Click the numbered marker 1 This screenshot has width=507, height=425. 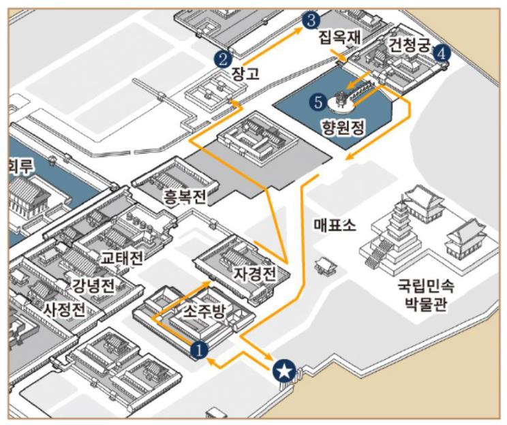198,349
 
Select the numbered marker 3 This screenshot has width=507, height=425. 311,20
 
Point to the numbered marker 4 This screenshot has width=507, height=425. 442,52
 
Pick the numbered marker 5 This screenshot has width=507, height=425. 317,102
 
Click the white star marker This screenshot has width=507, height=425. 283,371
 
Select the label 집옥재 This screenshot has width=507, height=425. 339,39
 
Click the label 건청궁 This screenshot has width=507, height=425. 410,46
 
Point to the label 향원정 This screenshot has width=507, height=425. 343,126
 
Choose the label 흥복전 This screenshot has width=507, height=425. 184,197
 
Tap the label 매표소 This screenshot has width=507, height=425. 334,224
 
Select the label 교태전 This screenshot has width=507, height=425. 121,258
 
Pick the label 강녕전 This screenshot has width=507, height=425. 93,284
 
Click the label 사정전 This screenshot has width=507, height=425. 65,311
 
